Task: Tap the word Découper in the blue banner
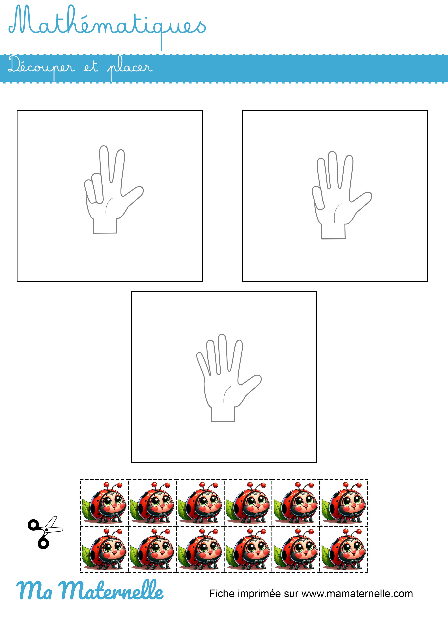(41, 67)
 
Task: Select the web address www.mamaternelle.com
(357, 594)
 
